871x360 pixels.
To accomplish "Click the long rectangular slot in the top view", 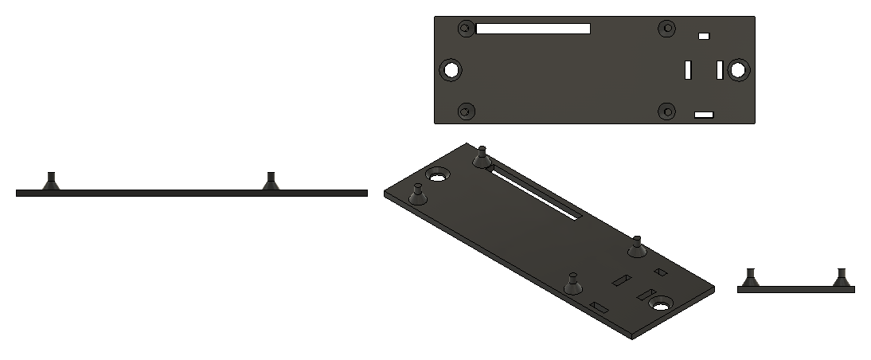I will point(533,29).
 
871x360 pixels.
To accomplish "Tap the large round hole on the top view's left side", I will point(451,70).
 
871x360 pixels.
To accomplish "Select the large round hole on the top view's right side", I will point(738,70).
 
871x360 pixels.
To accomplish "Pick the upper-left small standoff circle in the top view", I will point(467,29).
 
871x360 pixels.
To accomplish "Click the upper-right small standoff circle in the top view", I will point(666,29).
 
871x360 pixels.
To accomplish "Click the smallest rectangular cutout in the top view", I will point(703,36).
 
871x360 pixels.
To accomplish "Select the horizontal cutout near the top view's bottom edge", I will point(704,115).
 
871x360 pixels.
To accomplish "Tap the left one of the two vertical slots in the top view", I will point(687,70).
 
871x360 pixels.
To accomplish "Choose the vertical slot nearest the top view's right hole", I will point(719,70).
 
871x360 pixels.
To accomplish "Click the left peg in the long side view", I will point(51,182).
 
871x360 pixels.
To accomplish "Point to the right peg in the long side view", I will point(271,182).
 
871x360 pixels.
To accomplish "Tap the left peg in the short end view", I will point(749,278).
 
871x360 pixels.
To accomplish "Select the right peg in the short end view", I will point(842,278).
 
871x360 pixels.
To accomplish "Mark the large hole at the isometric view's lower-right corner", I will point(660,303).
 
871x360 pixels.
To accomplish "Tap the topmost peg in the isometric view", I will point(481,158).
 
